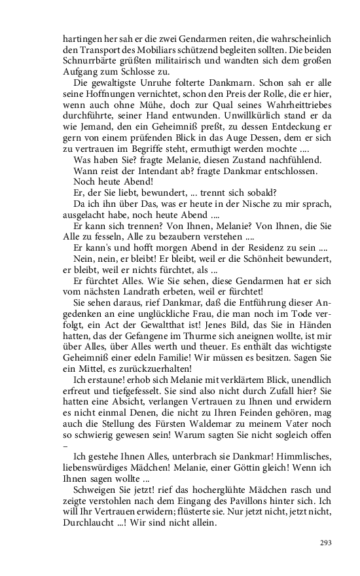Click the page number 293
tap(325, 543)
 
